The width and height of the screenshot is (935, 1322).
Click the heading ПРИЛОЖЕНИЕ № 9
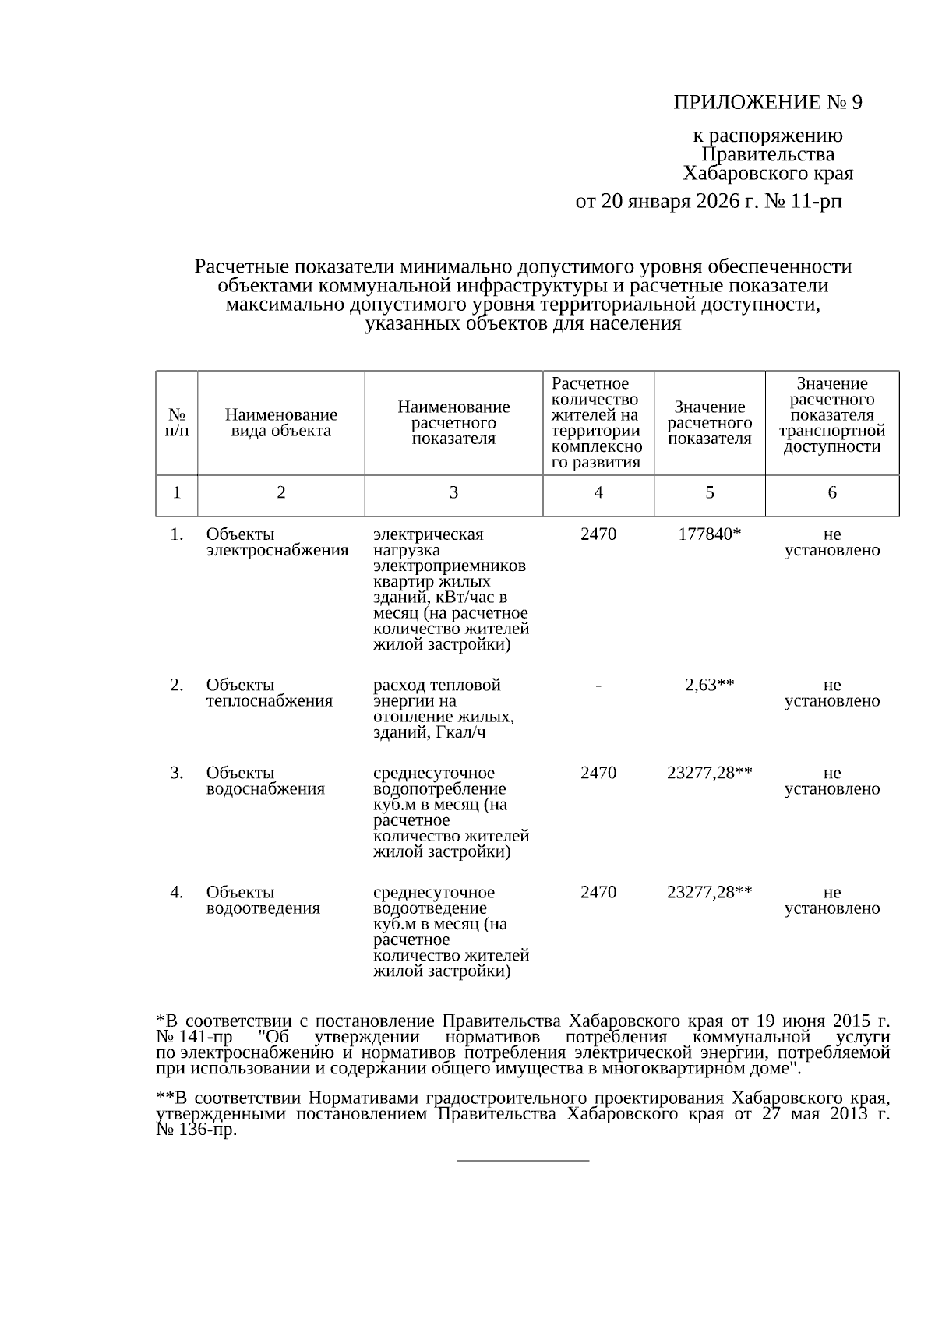click(x=767, y=103)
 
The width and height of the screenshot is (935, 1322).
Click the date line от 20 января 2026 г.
click(x=708, y=202)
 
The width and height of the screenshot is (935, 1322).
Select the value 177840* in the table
click(x=709, y=534)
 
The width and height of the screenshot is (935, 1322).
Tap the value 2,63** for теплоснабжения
click(x=709, y=685)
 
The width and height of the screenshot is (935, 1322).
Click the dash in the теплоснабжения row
click(x=598, y=685)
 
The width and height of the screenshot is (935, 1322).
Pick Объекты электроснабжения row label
click(x=277, y=542)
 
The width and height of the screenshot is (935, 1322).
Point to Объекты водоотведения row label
click(x=263, y=900)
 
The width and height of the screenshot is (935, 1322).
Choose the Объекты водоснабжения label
click(x=265, y=781)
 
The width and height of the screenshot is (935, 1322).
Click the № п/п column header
click(x=177, y=423)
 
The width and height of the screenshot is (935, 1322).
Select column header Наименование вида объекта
click(x=280, y=423)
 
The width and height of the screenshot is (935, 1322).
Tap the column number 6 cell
click(x=832, y=492)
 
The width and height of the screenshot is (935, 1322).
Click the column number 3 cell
click(x=453, y=492)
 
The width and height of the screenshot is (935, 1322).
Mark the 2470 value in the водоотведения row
click(x=598, y=892)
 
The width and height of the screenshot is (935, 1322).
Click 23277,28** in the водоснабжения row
click(x=709, y=773)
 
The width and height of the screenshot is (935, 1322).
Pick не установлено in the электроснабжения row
click(x=832, y=542)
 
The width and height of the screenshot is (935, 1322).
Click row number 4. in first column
click(x=177, y=892)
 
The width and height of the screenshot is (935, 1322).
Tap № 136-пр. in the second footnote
click(x=196, y=1130)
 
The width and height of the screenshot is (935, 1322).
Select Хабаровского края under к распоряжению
click(x=767, y=173)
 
